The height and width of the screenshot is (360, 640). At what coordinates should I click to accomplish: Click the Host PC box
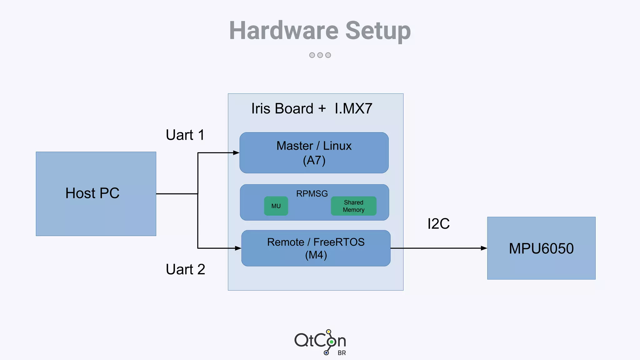click(96, 193)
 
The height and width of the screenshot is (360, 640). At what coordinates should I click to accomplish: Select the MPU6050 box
click(541, 248)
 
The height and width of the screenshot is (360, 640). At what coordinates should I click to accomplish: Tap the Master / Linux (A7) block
click(314, 153)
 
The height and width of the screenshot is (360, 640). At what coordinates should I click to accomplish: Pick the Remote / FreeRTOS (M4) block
click(316, 248)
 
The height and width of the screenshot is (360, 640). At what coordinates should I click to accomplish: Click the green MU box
click(276, 206)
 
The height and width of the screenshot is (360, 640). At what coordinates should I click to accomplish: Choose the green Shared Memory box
click(353, 206)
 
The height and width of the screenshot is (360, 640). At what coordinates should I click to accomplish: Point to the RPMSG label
click(312, 194)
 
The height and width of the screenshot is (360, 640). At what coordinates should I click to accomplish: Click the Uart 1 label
click(185, 135)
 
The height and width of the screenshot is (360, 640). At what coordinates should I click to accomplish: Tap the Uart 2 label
click(185, 269)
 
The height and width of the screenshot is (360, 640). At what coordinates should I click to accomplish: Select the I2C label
click(438, 224)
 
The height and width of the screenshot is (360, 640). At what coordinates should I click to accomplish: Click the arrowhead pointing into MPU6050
click(484, 248)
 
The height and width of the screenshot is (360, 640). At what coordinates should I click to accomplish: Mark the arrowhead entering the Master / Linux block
click(236, 153)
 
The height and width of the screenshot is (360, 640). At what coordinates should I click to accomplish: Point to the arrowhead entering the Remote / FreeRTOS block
click(238, 248)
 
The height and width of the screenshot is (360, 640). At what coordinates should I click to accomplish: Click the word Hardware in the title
click(284, 31)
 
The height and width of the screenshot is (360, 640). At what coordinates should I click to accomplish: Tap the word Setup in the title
click(378, 31)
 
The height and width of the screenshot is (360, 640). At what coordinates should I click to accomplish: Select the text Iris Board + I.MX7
click(312, 108)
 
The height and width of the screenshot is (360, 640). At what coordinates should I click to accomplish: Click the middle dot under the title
click(320, 55)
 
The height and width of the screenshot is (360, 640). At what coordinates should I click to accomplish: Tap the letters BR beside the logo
click(342, 353)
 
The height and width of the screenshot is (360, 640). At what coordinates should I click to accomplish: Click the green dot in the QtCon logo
click(332, 342)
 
